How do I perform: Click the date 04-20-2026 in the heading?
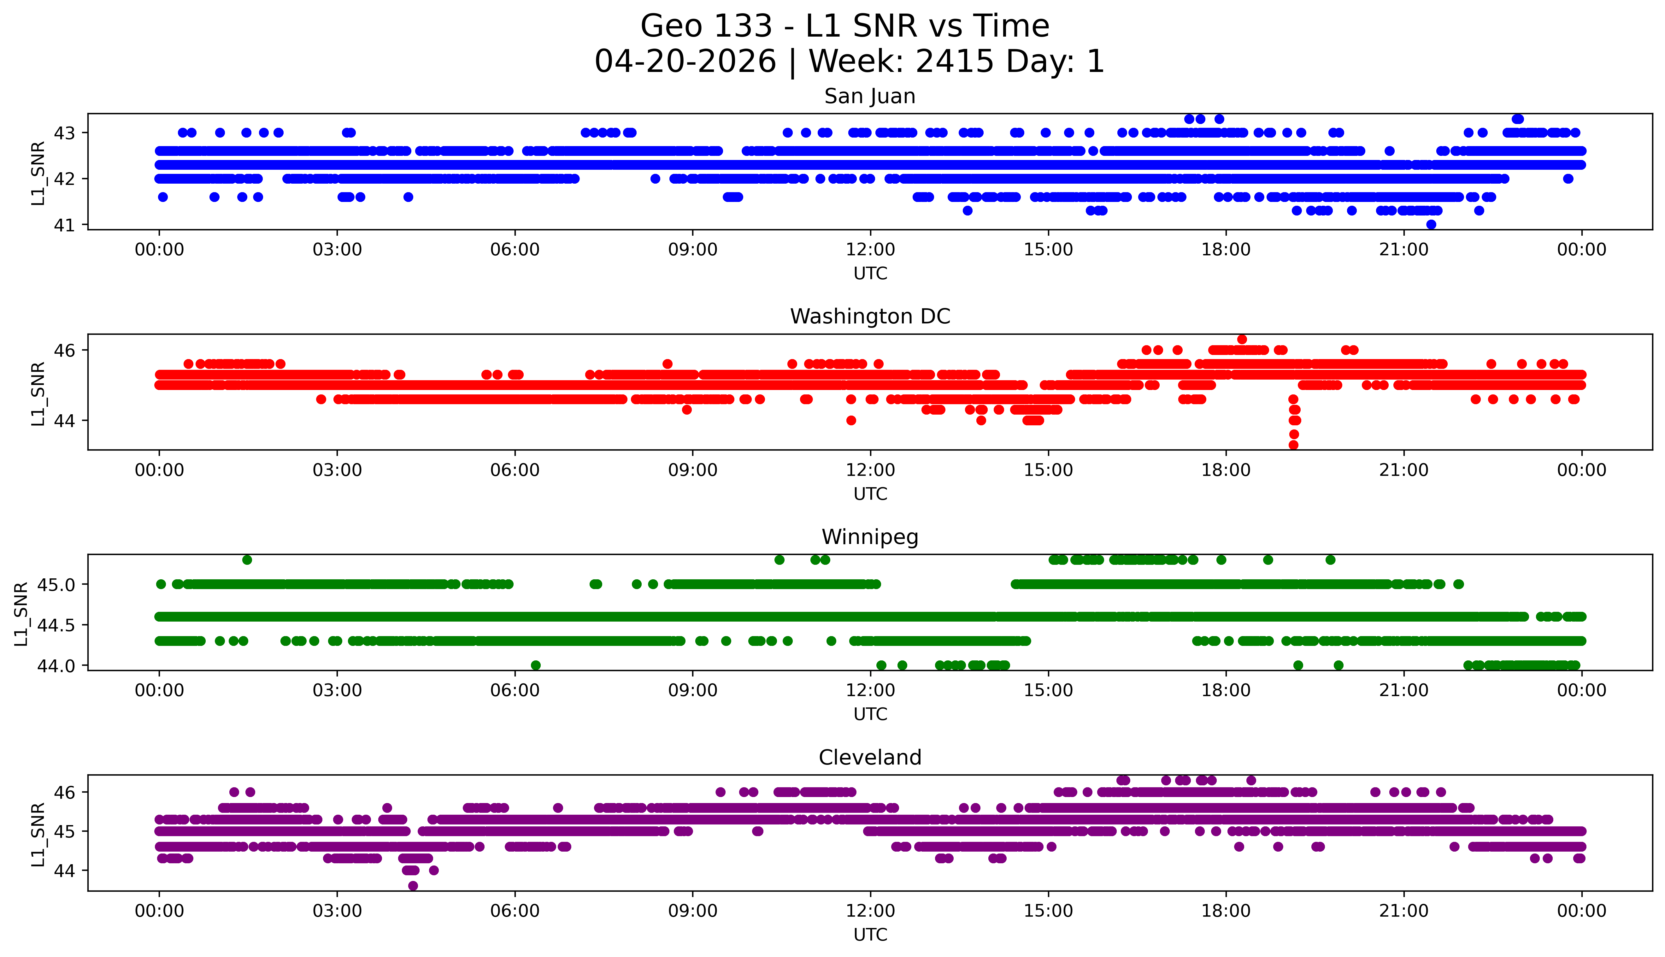pos(685,62)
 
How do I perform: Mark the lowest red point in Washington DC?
pos(1293,445)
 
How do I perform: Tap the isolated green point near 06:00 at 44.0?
pos(536,665)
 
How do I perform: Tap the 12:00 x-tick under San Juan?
pos(870,250)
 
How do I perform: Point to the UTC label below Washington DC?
pos(870,493)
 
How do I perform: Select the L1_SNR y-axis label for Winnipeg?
pos(21,614)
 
